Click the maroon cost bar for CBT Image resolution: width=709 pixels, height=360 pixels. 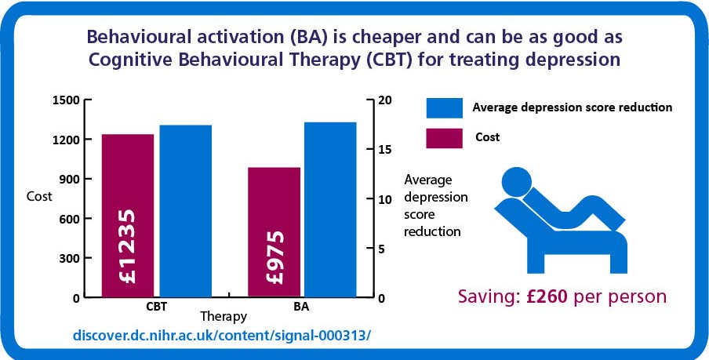click(x=128, y=216)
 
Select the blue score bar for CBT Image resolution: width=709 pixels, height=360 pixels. click(x=185, y=211)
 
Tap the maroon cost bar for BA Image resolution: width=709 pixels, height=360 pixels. click(x=274, y=232)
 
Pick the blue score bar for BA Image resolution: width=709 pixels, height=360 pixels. click(x=330, y=210)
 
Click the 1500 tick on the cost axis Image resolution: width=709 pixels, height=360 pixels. click(x=67, y=100)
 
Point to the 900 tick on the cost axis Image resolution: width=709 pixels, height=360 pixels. click(x=69, y=179)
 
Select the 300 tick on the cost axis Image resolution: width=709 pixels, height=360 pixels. click(x=69, y=258)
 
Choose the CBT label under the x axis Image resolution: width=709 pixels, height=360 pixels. click(x=156, y=306)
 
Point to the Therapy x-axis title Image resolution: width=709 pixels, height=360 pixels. click(x=224, y=316)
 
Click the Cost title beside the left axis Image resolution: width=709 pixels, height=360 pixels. click(x=39, y=197)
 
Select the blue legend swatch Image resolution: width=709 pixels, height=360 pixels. click(x=444, y=108)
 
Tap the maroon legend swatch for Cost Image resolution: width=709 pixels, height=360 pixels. click(x=444, y=138)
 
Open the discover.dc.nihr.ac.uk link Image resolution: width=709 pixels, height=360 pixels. click(x=221, y=336)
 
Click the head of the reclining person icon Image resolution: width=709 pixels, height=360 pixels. click(x=517, y=182)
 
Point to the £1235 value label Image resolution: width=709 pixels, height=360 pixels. click(x=128, y=246)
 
